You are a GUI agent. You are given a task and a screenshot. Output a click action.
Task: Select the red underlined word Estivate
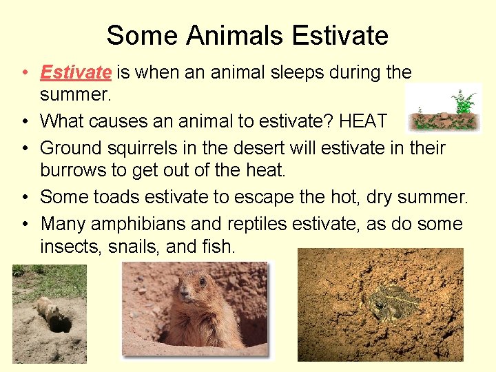click(x=76, y=72)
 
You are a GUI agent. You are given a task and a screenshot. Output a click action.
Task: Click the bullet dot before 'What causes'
click(x=24, y=122)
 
